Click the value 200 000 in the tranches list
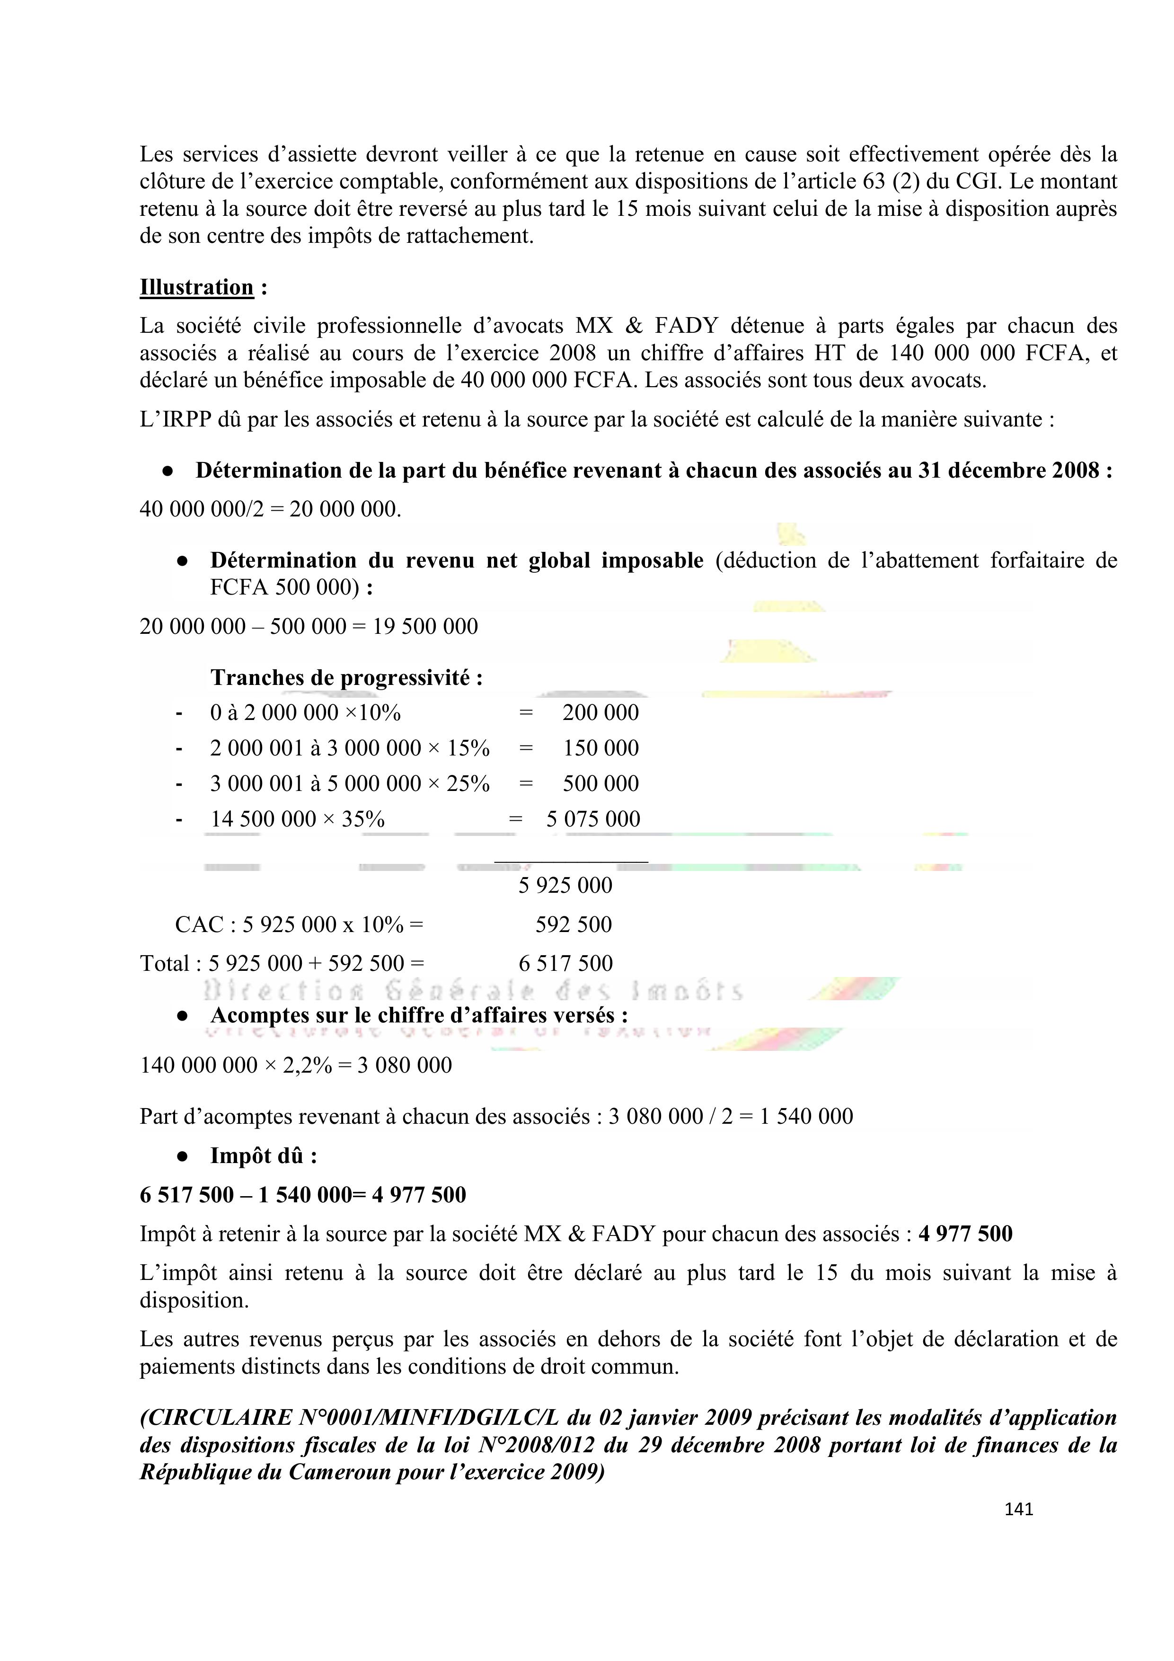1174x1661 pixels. (600, 712)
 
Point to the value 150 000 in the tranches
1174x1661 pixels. (601, 748)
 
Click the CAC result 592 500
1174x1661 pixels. (574, 924)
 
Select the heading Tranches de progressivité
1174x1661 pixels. (346, 678)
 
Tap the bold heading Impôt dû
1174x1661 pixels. (263, 1155)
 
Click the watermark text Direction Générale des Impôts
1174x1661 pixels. (474, 990)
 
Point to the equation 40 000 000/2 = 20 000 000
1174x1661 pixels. (270, 509)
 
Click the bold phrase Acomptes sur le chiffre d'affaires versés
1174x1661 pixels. (419, 1016)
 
